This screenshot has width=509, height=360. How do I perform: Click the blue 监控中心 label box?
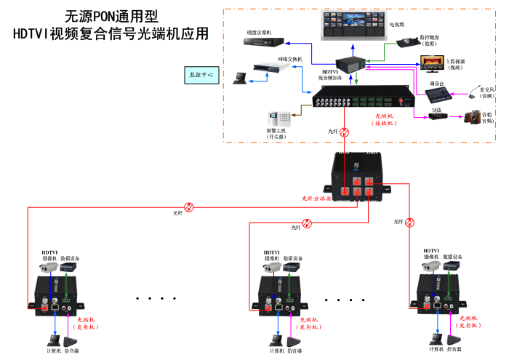coord(201,74)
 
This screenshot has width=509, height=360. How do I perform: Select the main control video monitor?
coord(430,64)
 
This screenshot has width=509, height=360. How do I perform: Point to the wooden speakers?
coord(473,116)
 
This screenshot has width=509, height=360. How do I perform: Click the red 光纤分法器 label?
coord(316,197)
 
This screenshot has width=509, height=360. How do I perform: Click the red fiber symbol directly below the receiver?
coord(345,132)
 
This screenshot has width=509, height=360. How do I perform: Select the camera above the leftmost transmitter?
coord(49,268)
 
